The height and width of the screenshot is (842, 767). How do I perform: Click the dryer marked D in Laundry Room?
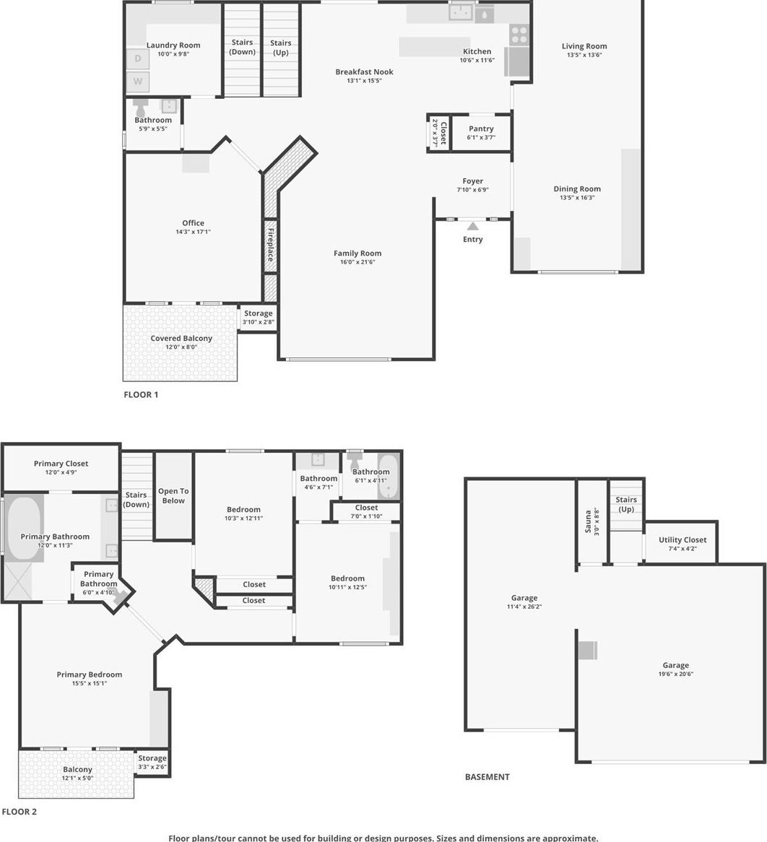(138, 58)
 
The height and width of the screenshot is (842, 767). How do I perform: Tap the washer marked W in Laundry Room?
(138, 82)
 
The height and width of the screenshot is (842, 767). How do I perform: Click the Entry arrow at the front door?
(472, 226)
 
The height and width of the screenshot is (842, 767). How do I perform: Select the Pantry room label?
(481, 129)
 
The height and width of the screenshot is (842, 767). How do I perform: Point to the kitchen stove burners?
(519, 34)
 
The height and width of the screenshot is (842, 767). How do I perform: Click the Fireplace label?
(271, 245)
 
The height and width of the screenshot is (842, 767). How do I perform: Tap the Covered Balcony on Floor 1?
(181, 342)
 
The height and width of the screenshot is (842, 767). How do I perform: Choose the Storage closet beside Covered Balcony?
(258, 318)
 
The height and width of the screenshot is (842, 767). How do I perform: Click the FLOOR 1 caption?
(141, 395)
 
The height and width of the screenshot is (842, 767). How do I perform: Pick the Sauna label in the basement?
(588, 521)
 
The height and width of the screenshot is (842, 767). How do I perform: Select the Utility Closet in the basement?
(681, 542)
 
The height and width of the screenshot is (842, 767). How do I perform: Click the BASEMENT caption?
(487, 777)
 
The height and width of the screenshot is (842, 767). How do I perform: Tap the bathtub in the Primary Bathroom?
(23, 529)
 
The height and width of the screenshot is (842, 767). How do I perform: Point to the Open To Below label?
(173, 495)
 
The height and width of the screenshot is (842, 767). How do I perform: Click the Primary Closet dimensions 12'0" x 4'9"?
(61, 472)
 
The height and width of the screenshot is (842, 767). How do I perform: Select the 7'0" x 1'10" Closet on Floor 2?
(366, 512)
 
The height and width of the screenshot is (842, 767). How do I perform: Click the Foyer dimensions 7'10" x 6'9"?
(472, 190)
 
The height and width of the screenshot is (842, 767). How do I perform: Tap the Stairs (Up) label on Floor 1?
(281, 48)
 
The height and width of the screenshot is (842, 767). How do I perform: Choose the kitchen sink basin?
(461, 12)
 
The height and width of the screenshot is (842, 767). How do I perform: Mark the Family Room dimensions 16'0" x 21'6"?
(357, 263)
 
